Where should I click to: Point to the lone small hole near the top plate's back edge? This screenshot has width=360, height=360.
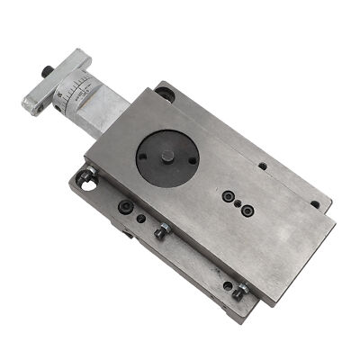(261, 166)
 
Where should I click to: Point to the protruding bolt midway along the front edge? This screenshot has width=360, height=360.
(161, 232)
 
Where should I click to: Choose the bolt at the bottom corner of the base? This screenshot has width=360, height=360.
(238, 292)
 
